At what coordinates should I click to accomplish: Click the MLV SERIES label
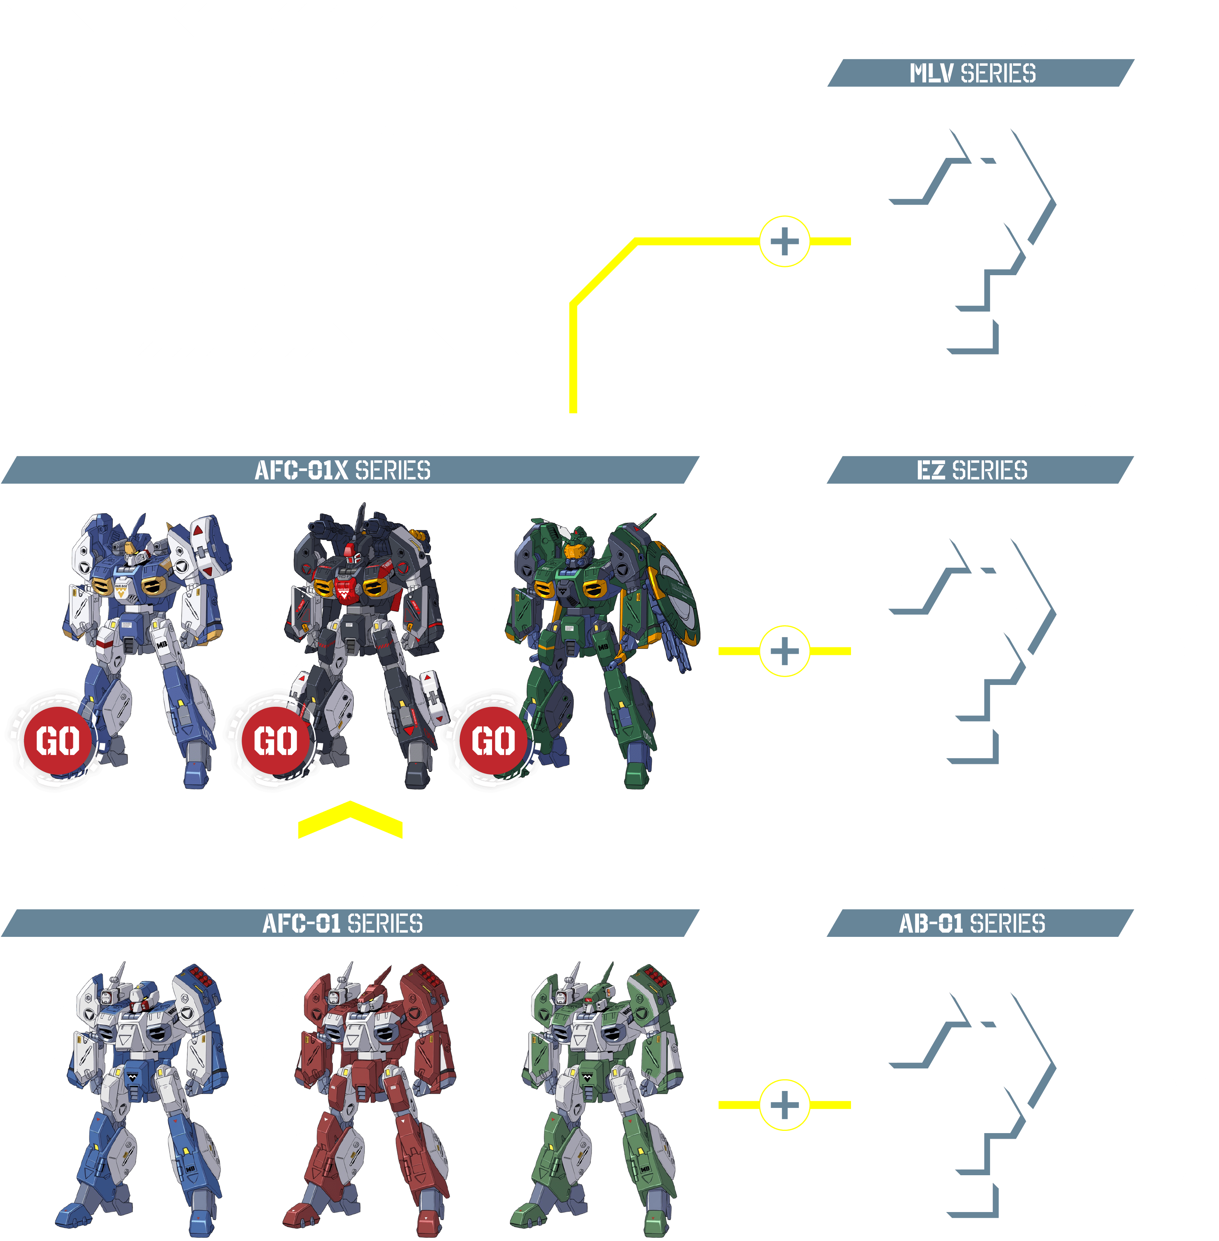pyautogui.click(x=972, y=73)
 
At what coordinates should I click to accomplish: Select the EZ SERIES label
pyautogui.click(x=972, y=470)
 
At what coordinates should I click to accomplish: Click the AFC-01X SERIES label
pyautogui.click(x=342, y=470)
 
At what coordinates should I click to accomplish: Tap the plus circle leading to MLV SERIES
pyautogui.click(x=784, y=241)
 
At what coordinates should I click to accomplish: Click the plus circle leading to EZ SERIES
pyautogui.click(x=784, y=651)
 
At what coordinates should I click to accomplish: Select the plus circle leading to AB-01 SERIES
pyautogui.click(x=784, y=1105)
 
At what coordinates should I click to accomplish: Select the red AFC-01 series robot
pyautogui.click(x=371, y=1095)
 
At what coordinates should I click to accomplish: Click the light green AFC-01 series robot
pyautogui.click(x=599, y=1095)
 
